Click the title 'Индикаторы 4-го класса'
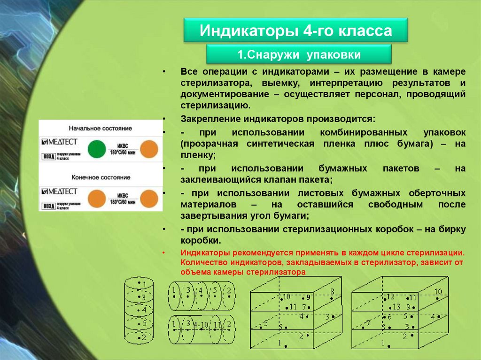(x=295, y=31)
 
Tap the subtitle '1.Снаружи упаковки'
(x=299, y=55)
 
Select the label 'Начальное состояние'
(x=100, y=128)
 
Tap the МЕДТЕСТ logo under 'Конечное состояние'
(x=58, y=191)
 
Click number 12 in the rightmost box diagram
(x=390, y=297)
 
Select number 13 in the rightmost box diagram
(x=396, y=306)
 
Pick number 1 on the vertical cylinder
(x=145, y=284)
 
